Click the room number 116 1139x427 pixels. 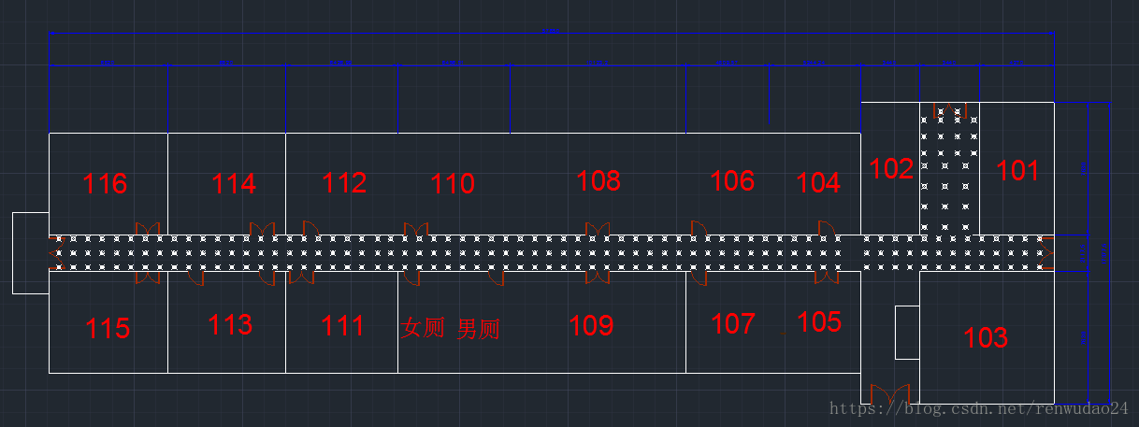point(105,184)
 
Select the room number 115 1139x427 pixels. point(108,329)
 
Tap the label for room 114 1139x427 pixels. point(234,184)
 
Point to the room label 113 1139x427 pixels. point(230,325)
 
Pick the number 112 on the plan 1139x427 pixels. point(344,183)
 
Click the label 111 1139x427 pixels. point(342,326)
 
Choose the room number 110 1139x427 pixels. point(453,184)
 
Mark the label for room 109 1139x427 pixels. point(591,326)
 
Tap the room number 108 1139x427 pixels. point(598,180)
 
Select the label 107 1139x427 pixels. point(733,324)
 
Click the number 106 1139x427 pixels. point(732,180)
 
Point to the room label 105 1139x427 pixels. point(819,322)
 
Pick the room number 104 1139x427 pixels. point(819,183)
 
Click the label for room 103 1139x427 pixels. point(986,337)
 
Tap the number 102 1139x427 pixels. point(891,169)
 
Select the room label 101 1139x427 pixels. point(1017,171)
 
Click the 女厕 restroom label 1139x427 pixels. point(423,328)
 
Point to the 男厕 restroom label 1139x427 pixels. point(478,329)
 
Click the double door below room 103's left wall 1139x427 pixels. point(889,393)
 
